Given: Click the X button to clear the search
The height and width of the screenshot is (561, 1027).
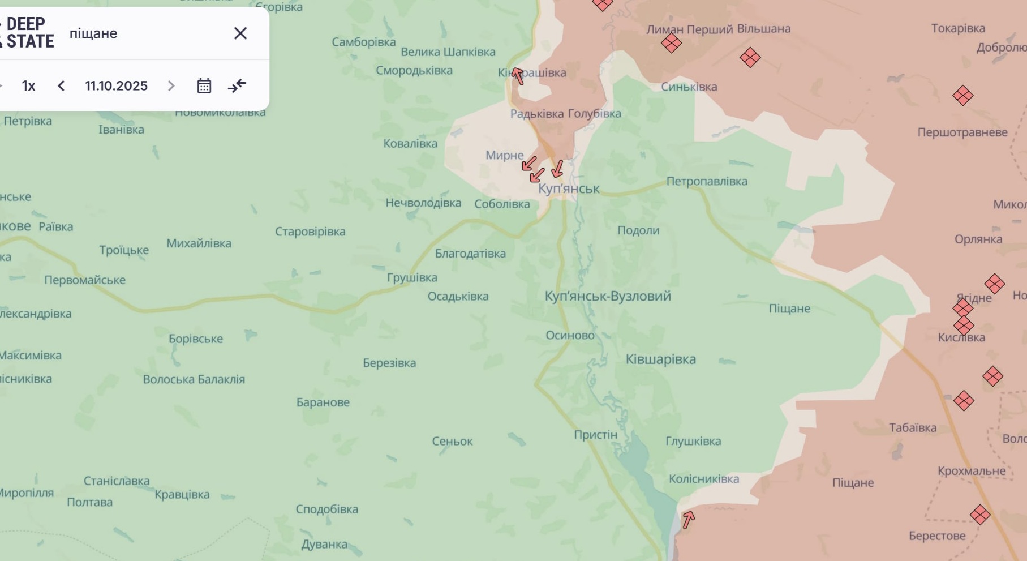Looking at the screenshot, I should [240, 33].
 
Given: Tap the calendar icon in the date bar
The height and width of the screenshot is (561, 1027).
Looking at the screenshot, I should [204, 86].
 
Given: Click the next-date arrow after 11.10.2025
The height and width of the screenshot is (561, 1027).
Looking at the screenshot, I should [171, 86].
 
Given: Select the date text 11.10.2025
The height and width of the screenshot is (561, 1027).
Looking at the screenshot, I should [116, 86].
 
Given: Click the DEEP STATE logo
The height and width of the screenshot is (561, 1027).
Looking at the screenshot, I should [28, 33].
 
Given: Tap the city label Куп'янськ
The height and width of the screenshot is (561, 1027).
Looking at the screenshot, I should [569, 189].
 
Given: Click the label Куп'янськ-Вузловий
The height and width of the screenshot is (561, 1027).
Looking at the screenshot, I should [608, 296].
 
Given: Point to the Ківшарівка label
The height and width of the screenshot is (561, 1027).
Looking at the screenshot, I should [660, 359].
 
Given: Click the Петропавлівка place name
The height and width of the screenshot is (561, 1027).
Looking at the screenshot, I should [707, 182].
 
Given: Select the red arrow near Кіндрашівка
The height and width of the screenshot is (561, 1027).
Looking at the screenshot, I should [517, 75].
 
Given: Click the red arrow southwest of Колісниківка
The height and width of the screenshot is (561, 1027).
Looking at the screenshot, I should [688, 519].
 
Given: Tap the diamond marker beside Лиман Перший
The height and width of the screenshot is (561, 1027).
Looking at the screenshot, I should [671, 43].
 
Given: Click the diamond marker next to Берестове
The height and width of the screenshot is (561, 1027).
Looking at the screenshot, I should [980, 515].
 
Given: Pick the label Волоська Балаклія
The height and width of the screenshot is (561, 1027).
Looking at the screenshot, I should [194, 379].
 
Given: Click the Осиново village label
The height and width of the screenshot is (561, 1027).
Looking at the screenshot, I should [570, 336].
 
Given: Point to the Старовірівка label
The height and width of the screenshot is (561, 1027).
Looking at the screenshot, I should [310, 232].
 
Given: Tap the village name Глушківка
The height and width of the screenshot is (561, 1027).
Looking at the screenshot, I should [693, 441].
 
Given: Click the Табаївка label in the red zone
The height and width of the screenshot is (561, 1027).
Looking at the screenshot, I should [912, 428].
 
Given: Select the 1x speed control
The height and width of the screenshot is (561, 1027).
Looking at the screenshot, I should [28, 86].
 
